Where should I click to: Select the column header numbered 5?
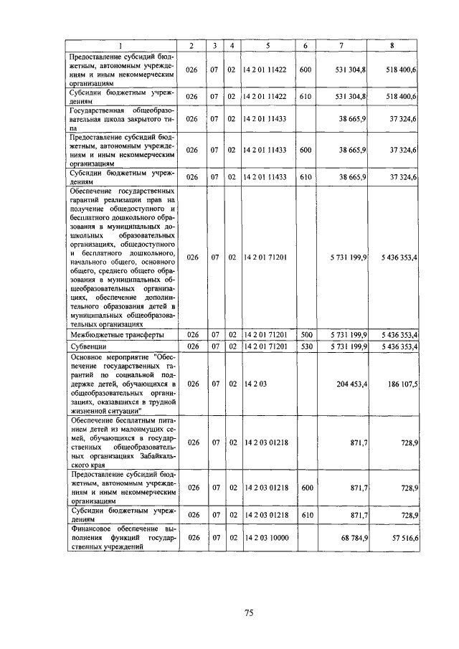pyautogui.click(x=268, y=46)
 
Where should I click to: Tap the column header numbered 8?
pyautogui.click(x=392, y=46)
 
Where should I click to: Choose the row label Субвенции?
pyautogui.click(x=88, y=346)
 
